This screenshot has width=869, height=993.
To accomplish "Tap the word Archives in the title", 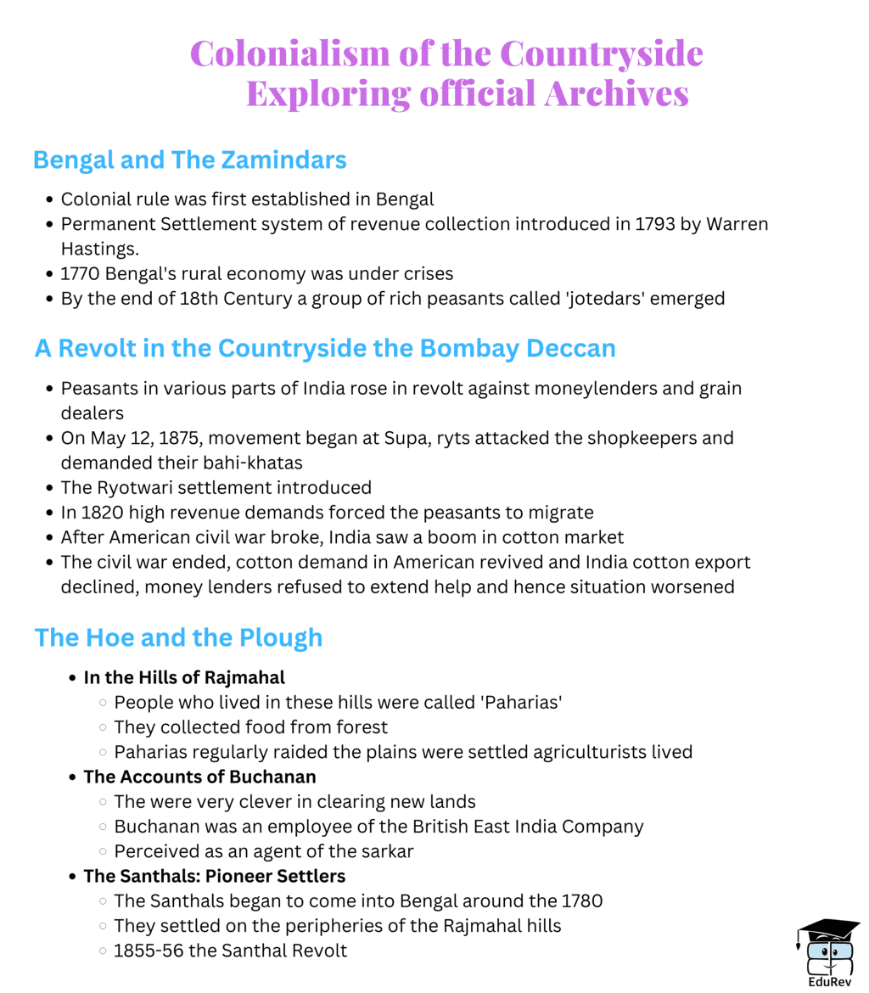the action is point(616,93).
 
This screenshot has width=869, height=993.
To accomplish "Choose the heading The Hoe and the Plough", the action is point(179,637).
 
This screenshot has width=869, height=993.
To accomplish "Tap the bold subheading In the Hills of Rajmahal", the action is point(184,677).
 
